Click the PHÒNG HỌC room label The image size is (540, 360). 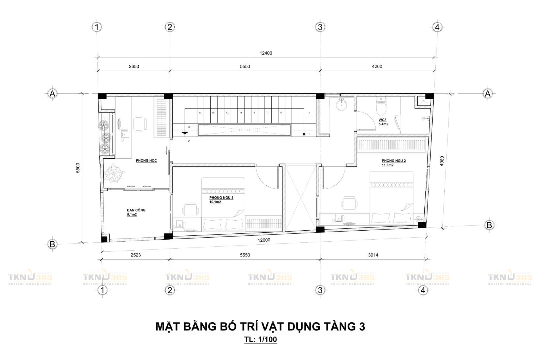point(146,161)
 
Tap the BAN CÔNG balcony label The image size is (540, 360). point(136,210)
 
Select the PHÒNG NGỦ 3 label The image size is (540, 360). point(221,198)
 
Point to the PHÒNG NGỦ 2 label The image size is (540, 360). point(393,161)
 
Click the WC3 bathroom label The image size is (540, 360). point(382,120)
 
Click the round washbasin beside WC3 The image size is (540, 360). point(342,105)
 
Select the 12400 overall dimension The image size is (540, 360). point(266,53)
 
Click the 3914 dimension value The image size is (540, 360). point(373,255)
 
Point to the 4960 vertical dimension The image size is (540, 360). point(442,161)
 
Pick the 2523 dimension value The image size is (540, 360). point(136,255)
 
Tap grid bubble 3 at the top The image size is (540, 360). point(320,27)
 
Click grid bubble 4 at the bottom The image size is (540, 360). point(423,290)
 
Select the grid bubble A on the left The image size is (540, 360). point(52,93)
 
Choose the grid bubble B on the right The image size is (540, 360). point(489,225)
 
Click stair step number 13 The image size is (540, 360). point(227,112)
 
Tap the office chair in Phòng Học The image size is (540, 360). point(139,123)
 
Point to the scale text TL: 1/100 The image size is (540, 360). point(260,339)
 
